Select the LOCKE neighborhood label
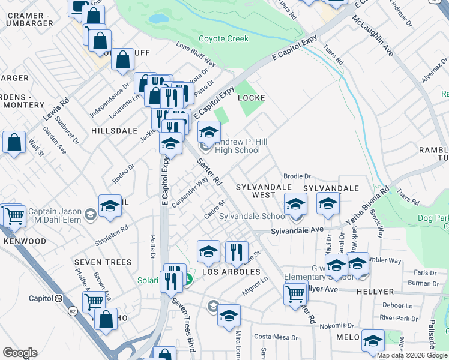pos(251,97)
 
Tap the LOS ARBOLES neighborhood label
pos(231,272)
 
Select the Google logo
pos(20,353)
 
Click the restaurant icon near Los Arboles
pos(237,252)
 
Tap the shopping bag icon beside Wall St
pos(14,143)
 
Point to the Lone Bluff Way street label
pos(196,54)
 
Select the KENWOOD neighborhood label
pos(25,241)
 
